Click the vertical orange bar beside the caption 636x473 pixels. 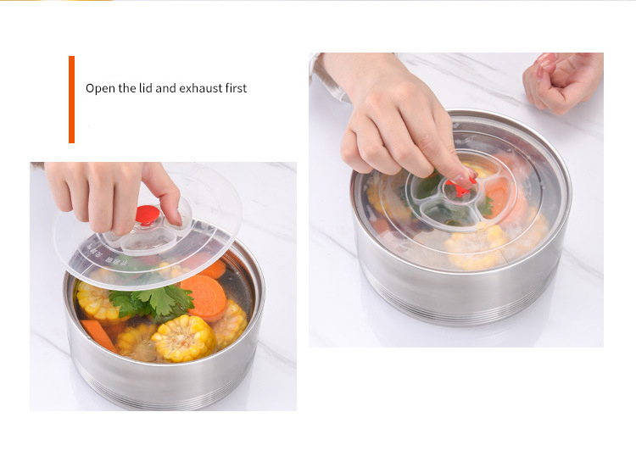[71, 99]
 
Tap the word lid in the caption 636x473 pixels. [146, 88]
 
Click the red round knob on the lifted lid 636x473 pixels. [148, 214]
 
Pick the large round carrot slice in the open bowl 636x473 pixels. [204, 298]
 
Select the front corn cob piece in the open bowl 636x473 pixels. [184, 338]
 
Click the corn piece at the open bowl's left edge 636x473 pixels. [97, 301]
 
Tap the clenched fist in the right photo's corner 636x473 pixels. [561, 82]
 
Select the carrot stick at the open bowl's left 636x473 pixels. [99, 334]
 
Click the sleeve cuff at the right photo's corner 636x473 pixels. [325, 77]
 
